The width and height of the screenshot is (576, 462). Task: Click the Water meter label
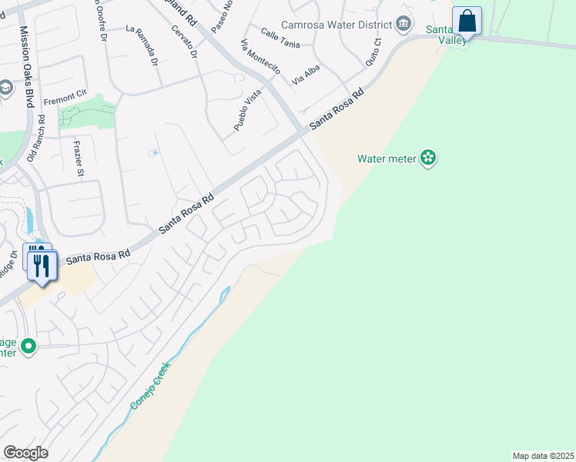[386, 159]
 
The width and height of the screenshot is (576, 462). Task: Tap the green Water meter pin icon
[428, 159]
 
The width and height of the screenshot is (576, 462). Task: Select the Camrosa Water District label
[336, 25]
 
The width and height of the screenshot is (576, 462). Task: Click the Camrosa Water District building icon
[403, 25]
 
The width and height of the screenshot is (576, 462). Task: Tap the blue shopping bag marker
[467, 21]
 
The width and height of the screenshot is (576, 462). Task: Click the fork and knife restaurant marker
[42, 266]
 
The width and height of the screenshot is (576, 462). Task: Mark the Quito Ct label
[373, 52]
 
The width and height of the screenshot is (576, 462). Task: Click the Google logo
[25, 453]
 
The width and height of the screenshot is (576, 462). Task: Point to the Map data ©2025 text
[542, 455]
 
